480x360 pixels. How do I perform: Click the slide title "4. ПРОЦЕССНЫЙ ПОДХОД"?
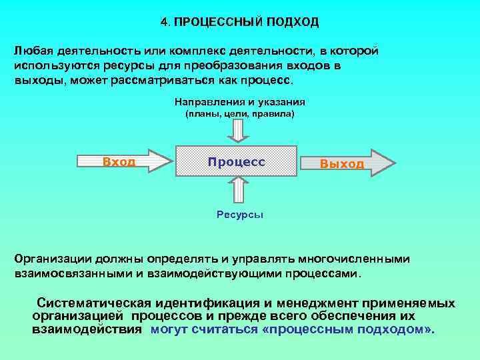[x=240, y=23]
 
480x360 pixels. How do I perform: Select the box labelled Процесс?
[x=236, y=162]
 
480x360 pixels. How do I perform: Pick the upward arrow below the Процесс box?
[x=238, y=192]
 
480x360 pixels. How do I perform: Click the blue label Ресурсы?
[x=240, y=215]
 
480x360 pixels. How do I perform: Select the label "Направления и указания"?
[x=240, y=102]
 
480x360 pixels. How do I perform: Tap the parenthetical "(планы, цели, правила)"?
[x=239, y=114]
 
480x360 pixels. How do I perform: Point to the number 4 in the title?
[x=164, y=23]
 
